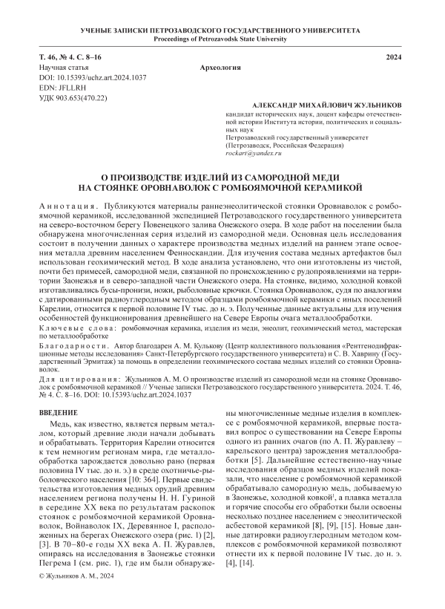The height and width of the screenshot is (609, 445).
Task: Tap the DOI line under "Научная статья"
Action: click(82, 77)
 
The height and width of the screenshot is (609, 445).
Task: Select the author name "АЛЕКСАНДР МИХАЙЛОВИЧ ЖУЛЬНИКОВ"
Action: click(327, 107)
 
